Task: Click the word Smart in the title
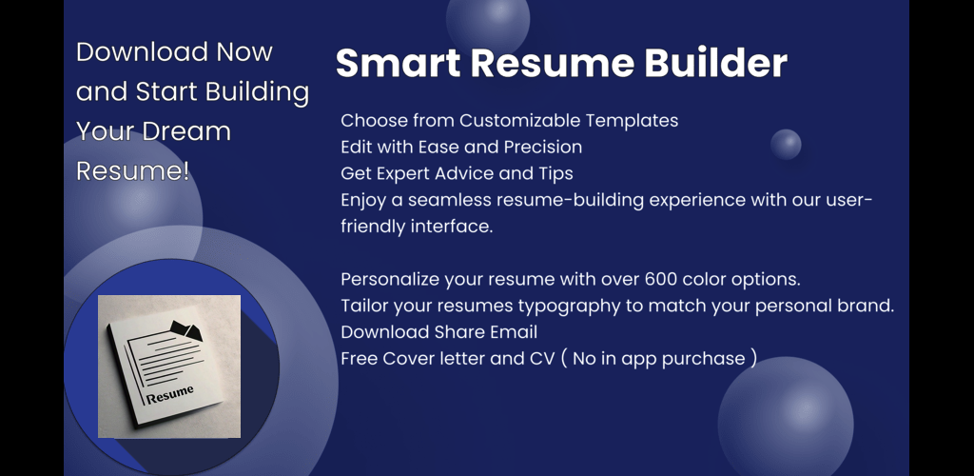[x=399, y=64]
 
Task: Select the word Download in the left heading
[x=143, y=52]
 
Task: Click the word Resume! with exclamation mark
[x=133, y=171]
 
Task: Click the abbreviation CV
[x=541, y=359]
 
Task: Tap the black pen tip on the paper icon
[x=186, y=330]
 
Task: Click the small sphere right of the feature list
[x=786, y=145]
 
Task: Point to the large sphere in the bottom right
[x=786, y=423]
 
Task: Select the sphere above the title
[x=488, y=20]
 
